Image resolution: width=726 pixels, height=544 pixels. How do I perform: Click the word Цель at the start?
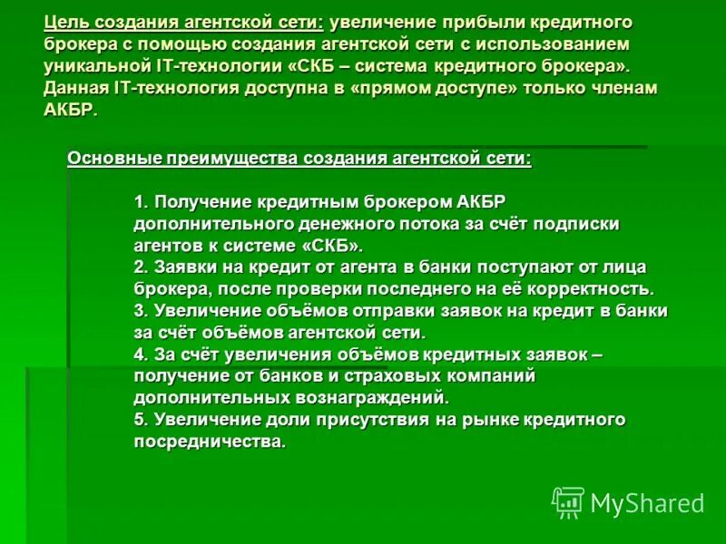[67, 21]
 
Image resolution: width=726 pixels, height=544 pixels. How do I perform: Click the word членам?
[624, 88]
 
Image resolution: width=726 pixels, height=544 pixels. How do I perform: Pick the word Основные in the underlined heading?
[113, 158]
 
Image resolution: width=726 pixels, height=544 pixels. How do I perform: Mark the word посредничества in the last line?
[210, 442]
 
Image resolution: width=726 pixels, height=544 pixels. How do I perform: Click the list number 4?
[139, 354]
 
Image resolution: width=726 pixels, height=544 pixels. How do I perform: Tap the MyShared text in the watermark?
[647, 503]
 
